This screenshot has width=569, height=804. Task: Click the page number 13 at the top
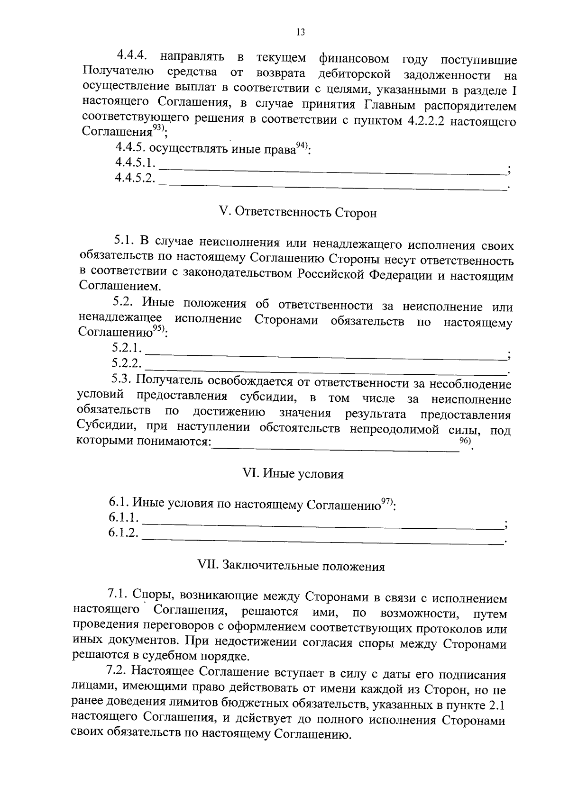coord(300,32)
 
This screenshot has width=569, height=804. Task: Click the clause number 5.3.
coord(121,379)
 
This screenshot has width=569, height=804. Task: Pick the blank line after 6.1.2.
coord(322,542)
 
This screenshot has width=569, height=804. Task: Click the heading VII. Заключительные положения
coord(291,566)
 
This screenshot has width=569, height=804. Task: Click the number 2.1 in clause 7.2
coord(496,705)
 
